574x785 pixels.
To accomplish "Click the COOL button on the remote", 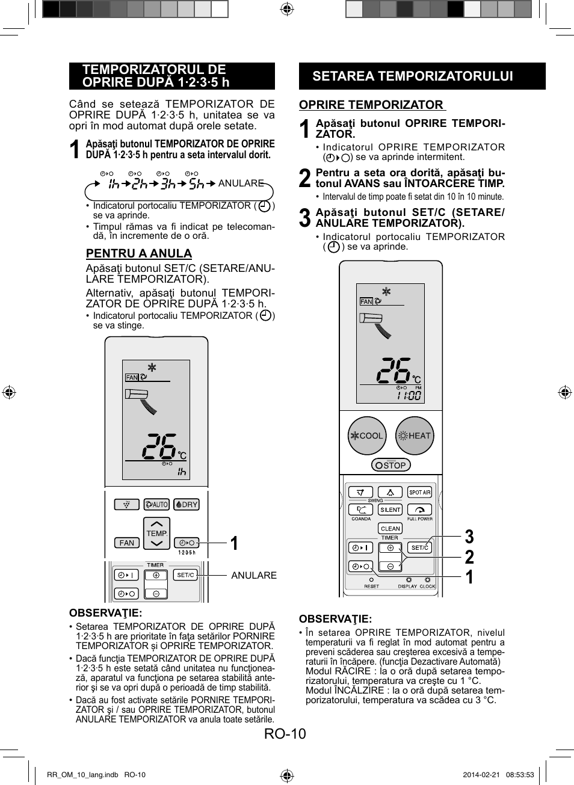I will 367,436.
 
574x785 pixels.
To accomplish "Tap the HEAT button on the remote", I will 415,436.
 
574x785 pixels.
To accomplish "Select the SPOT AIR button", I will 419,492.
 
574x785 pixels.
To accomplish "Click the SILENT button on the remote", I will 390,509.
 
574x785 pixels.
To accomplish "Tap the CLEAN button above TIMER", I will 390,529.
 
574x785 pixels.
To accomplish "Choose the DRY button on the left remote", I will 187,505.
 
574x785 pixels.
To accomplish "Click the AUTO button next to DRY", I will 156,505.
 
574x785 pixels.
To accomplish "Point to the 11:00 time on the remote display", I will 409,396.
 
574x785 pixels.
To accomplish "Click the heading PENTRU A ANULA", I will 139,253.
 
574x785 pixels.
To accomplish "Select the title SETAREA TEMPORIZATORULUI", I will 413,76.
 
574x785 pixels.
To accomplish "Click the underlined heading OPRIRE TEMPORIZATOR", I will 371,105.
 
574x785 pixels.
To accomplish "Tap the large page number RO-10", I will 285,734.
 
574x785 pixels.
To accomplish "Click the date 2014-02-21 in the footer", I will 481,775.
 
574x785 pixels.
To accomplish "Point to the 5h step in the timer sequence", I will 197,183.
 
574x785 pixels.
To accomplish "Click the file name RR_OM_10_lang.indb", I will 82,775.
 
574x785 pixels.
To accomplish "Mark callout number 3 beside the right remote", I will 469,537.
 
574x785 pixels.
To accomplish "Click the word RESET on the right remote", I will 371,586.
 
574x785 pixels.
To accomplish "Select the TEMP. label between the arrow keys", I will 156,534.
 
